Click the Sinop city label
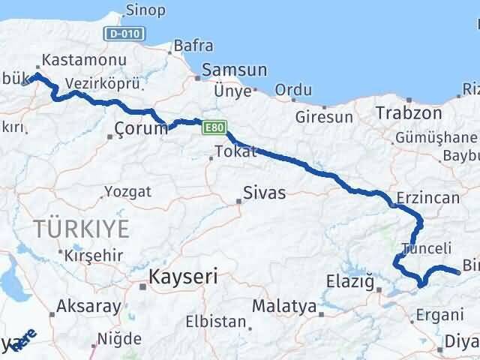(x=144, y=10)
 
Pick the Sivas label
(x=265, y=193)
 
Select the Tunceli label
(x=427, y=248)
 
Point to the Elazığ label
(x=350, y=282)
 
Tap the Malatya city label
(x=284, y=306)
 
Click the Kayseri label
(x=184, y=277)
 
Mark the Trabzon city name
(x=408, y=112)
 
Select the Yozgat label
(x=127, y=191)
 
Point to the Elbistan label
(x=217, y=322)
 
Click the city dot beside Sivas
(x=239, y=200)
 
